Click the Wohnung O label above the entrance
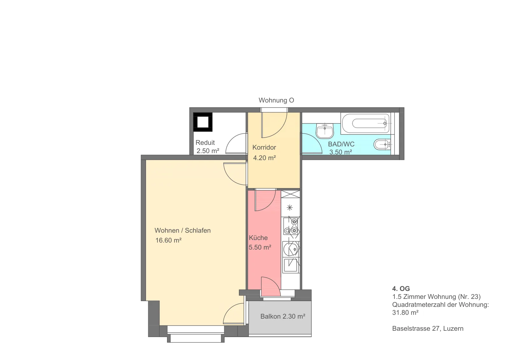tap(276, 100)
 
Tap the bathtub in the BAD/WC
tap(366, 124)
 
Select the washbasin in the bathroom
tap(325, 131)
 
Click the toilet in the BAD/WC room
tap(382, 144)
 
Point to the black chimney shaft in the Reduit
tap(203, 122)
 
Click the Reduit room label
tap(205, 143)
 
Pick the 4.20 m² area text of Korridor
tap(264, 158)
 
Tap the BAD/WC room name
tap(341, 144)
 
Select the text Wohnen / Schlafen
tap(183, 230)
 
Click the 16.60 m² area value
tap(168, 240)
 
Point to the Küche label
tap(258, 238)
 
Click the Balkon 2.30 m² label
tap(283, 316)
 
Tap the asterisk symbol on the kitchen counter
tap(290, 208)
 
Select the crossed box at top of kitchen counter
tap(290, 194)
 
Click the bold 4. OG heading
tap(401, 289)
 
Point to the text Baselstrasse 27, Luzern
tap(428, 328)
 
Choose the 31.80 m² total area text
tap(405, 313)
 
